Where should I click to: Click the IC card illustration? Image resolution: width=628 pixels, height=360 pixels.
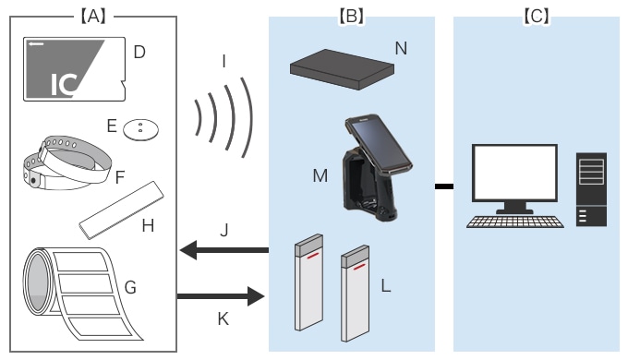75,69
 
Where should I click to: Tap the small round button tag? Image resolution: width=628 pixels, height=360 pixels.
140,130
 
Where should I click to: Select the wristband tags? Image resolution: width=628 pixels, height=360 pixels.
66,162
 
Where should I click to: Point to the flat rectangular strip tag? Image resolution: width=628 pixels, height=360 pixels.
122,210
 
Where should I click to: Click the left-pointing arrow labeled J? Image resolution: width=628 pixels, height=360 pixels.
224,250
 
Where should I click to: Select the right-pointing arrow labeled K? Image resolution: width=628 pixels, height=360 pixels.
221,296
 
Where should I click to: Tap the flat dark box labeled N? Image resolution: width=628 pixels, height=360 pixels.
342,69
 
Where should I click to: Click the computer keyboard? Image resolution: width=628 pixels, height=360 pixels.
515,222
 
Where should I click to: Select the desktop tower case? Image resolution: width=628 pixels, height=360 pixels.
591,189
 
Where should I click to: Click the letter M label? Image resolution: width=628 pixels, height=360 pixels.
320,175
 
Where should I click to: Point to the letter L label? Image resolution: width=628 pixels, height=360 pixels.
386,286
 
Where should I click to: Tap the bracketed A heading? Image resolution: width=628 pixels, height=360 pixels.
93,17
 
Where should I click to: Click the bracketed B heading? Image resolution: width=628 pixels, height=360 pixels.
351,17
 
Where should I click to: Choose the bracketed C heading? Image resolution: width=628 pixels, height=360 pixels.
537,17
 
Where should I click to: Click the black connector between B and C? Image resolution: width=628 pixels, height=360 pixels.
444,186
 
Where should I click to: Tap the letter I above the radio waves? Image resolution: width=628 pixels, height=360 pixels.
223,62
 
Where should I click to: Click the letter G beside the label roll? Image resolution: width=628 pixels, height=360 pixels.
130,287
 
